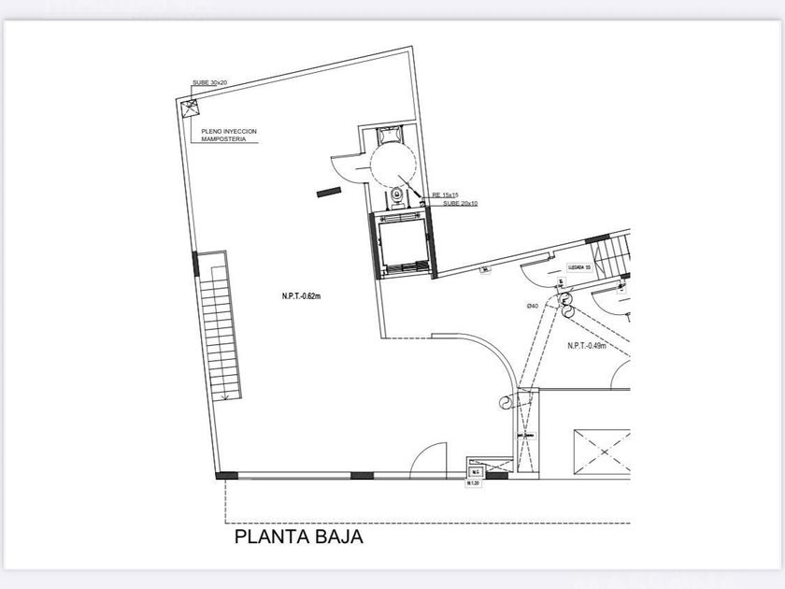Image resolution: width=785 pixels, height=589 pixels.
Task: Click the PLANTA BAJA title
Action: (x=297, y=538)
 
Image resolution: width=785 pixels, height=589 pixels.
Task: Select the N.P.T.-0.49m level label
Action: (x=588, y=346)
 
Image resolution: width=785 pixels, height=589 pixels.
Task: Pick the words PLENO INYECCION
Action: (x=229, y=131)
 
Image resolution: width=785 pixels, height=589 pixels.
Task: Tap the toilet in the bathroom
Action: (x=398, y=195)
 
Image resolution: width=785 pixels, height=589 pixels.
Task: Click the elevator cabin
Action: (x=402, y=244)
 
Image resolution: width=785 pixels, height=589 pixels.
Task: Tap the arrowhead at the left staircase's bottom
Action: (x=224, y=396)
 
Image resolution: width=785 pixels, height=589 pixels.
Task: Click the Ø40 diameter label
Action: (x=532, y=306)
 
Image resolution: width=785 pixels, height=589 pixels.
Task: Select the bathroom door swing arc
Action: (x=349, y=167)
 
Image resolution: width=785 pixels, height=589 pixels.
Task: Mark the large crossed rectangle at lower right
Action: (x=602, y=453)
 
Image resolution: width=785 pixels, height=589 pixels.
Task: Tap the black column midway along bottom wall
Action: (x=362, y=476)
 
